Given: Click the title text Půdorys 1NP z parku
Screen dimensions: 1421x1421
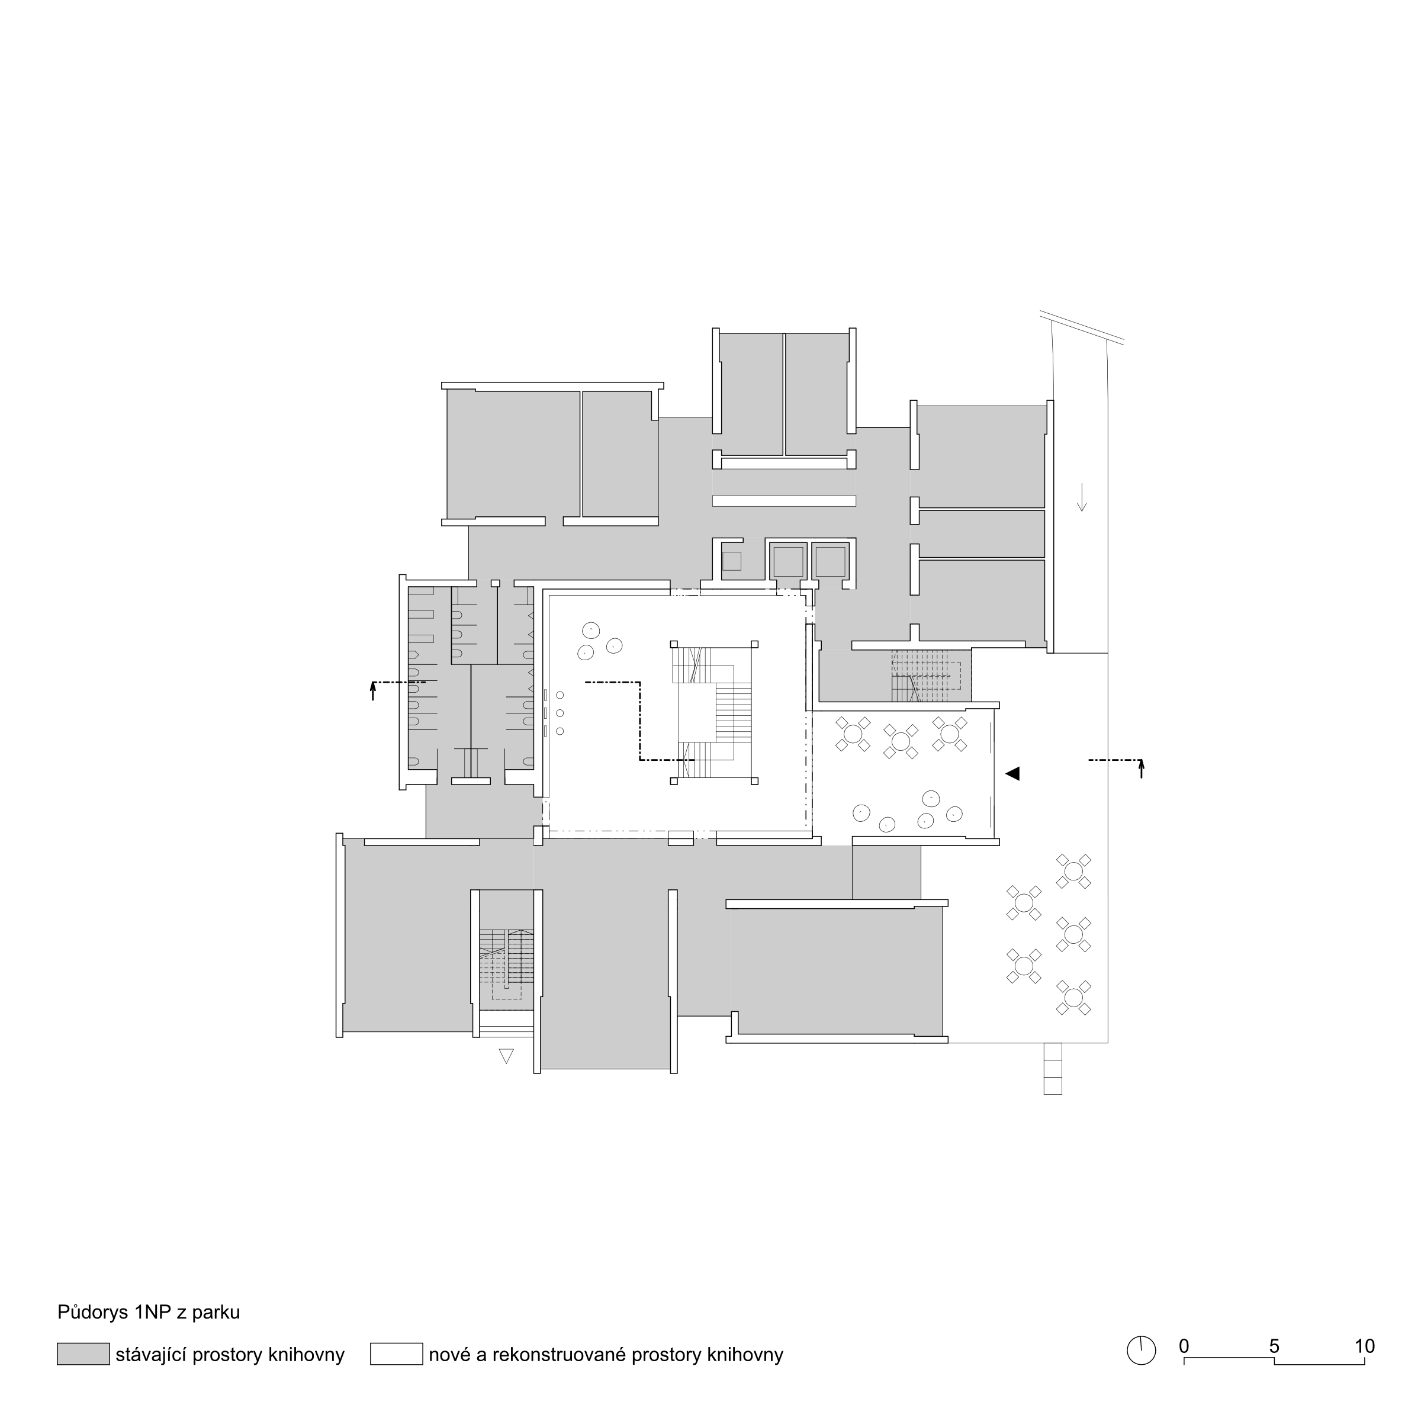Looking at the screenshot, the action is [x=149, y=1312].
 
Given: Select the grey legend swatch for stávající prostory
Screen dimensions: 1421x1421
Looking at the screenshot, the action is [x=83, y=1354].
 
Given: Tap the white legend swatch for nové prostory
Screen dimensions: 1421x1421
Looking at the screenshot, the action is [x=397, y=1354].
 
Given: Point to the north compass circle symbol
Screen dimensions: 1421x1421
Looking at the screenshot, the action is [x=1142, y=1351].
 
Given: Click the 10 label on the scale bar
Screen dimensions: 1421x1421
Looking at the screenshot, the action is [x=1364, y=1346].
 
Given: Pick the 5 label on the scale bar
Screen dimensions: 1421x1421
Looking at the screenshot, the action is [x=1275, y=1346].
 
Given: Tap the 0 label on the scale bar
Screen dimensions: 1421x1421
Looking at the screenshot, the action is [x=1184, y=1346].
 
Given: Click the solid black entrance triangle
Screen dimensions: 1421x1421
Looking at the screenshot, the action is [x=1013, y=773].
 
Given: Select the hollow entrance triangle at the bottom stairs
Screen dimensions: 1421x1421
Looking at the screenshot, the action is [x=506, y=1056].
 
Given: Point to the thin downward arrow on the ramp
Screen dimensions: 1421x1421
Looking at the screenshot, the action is [x=1081, y=497].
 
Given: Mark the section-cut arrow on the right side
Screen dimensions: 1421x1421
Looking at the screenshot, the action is [x=1142, y=769].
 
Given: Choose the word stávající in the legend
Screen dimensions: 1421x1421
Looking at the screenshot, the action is [x=151, y=1355].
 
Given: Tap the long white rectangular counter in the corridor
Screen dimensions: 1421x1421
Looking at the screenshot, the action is [x=784, y=501].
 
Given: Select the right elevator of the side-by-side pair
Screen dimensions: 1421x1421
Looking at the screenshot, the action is [x=830, y=562].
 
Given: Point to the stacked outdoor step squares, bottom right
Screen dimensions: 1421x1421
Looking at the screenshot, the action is [x=1053, y=1068].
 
